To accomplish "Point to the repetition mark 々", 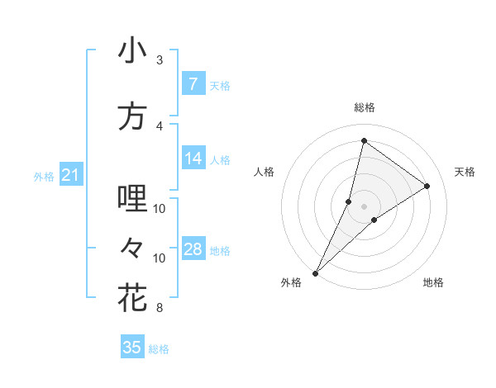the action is point(132,246).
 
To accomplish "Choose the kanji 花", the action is point(132,297).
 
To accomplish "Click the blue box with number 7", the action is point(193,84).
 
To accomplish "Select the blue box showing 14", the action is point(193,159).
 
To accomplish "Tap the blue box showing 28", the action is point(193,249).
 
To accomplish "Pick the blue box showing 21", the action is point(70,175).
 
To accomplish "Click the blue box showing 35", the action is point(132,348).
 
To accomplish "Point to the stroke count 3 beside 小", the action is point(160,60).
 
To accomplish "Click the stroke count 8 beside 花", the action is point(160,308).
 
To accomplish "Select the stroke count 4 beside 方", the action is point(160,125).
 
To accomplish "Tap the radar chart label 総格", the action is point(364,107).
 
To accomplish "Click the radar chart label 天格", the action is point(465,172).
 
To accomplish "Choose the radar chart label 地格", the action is point(433,282).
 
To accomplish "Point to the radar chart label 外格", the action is point(291,282).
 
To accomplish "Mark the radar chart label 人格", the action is point(264,172).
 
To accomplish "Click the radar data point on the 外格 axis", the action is point(315,272).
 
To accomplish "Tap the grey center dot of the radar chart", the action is point(364,206).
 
